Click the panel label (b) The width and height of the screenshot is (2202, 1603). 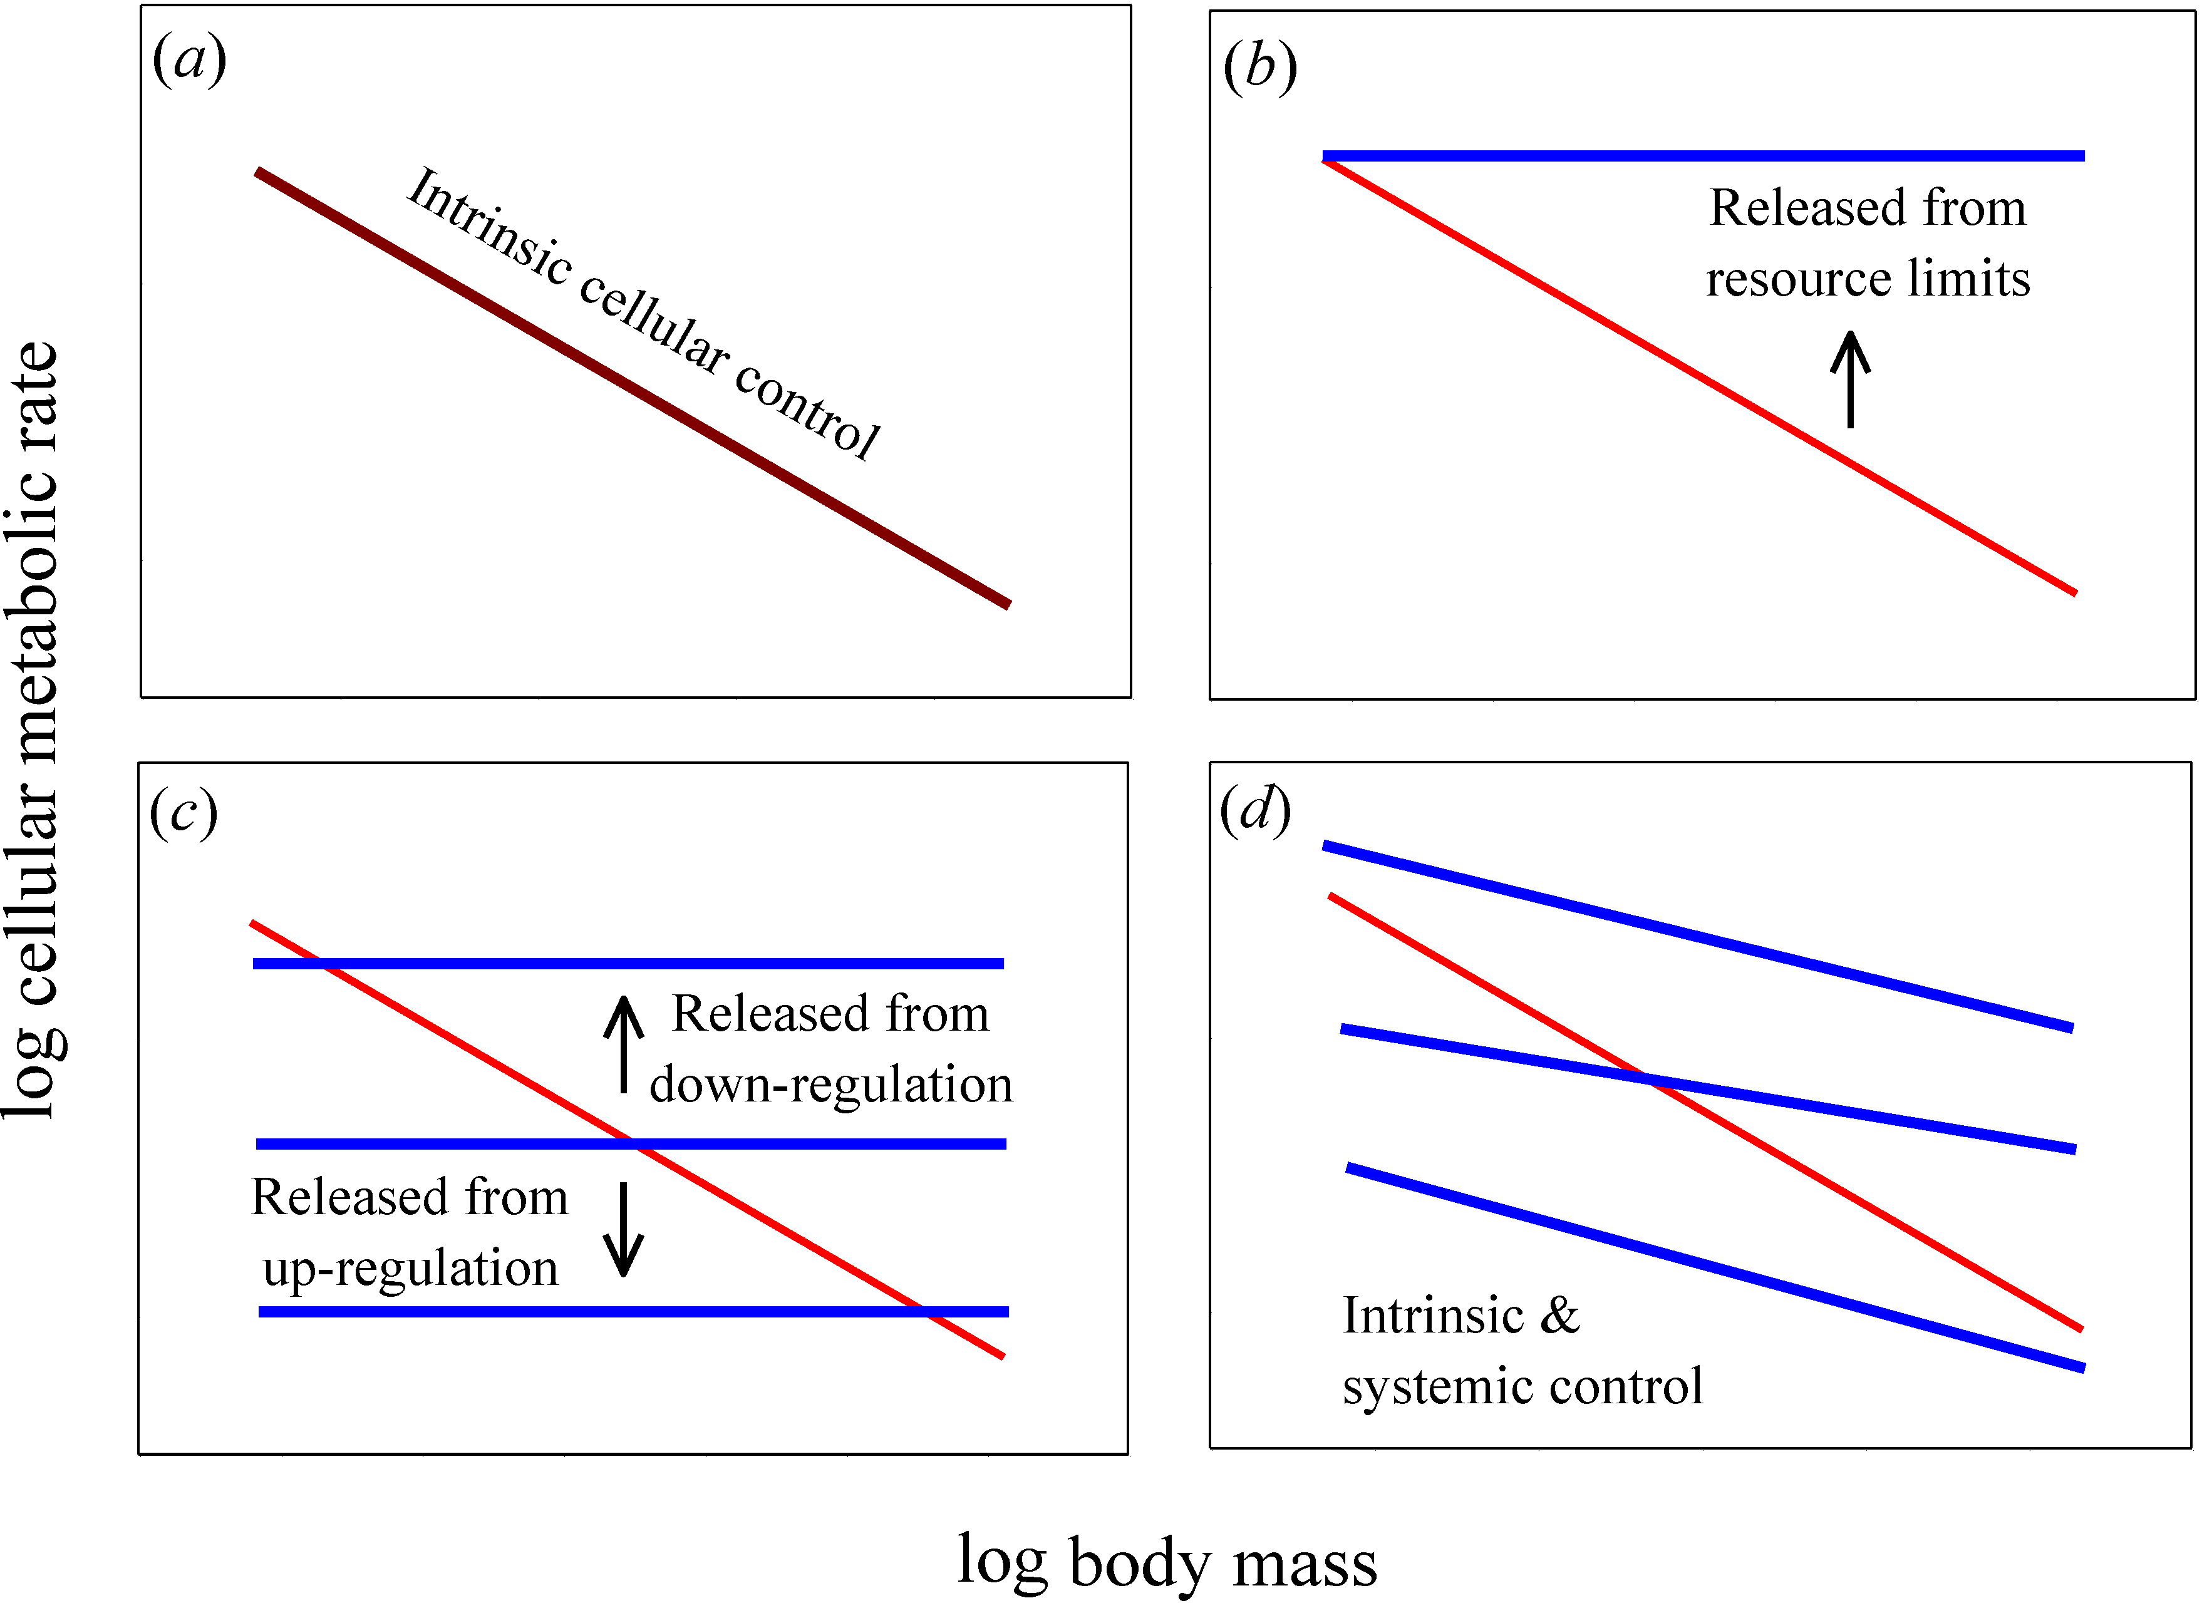pyautogui.click(x=1260, y=68)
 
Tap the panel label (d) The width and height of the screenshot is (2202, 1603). pyautogui.click(x=1255, y=810)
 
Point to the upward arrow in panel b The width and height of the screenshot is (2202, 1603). pyautogui.click(x=1851, y=379)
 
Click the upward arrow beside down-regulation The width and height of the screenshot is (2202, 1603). pyautogui.click(x=624, y=1044)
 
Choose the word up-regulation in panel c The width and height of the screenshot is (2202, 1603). pyautogui.click(x=411, y=1268)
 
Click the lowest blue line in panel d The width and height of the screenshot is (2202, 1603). pyautogui.click(x=1715, y=1268)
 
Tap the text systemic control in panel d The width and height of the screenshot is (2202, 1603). pyautogui.click(x=1522, y=1386)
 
